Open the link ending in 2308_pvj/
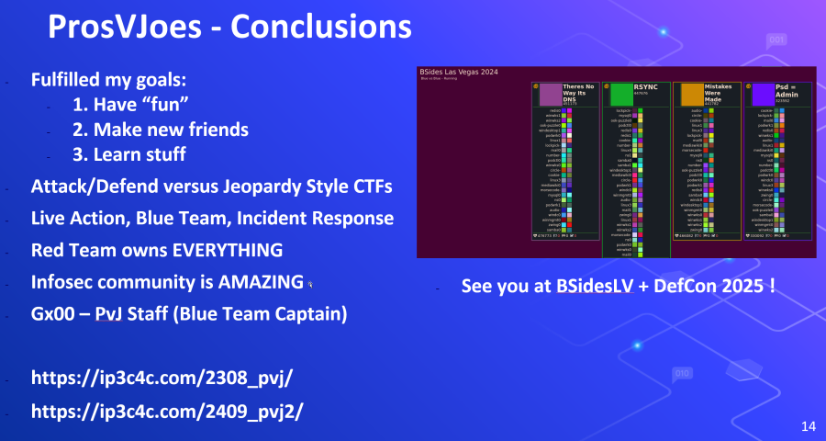pos(162,378)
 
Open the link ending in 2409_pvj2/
pos(168,411)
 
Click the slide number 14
pos(808,425)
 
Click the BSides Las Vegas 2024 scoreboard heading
pos(460,72)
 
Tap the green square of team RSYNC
pos(621,95)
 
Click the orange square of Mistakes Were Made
pos(691,95)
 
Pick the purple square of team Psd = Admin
pos(763,95)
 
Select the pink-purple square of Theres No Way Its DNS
pos(551,95)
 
